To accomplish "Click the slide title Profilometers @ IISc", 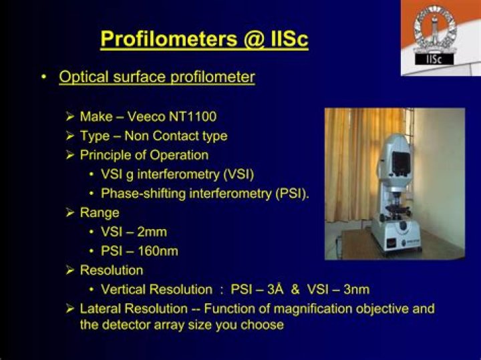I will pos(204,39).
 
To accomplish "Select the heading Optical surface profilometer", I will pos(157,77).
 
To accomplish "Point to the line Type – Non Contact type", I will pos(154,136).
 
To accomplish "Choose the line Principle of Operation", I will pos(144,156).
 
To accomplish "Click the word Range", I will pos(100,213).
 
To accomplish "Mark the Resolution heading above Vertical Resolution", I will pos(112,271).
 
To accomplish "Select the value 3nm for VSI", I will pos(355,290).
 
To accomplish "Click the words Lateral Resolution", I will pos(134,309).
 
